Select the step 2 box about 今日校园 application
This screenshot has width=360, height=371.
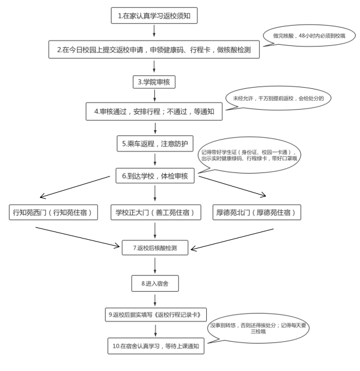click(x=154, y=50)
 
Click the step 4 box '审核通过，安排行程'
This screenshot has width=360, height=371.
click(x=154, y=110)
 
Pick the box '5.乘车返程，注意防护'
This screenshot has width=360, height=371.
click(x=154, y=143)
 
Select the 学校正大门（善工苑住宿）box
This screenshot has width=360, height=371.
click(x=154, y=212)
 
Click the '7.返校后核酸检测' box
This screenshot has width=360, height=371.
click(x=154, y=247)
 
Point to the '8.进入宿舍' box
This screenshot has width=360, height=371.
click(x=154, y=282)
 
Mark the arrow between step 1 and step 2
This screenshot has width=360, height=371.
click(x=154, y=32)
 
